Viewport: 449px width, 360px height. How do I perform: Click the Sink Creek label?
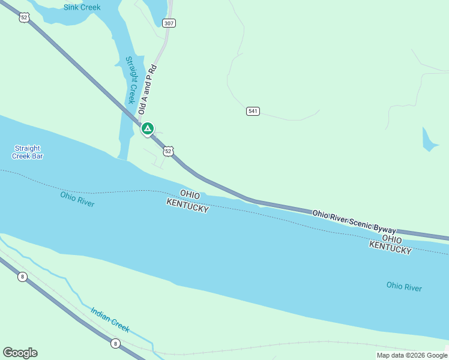82,8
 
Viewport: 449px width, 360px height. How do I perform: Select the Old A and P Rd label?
147,89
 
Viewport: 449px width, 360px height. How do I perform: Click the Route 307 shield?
169,23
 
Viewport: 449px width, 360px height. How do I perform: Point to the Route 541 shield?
253,111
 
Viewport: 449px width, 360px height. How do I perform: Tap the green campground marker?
147,128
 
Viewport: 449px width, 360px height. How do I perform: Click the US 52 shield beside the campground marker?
169,151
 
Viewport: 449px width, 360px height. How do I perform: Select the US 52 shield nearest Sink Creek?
23,17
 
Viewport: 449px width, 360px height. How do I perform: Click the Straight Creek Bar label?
27,152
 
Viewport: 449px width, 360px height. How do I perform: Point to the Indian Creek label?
110,320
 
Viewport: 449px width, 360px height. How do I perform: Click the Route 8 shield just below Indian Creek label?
115,343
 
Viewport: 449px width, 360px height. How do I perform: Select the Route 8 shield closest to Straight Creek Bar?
22,277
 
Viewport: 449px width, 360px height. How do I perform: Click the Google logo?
20,353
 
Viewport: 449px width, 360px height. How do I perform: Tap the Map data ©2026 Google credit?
412,355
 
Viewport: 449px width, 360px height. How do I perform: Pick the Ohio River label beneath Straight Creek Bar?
77,199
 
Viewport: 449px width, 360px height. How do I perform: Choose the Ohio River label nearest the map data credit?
403,287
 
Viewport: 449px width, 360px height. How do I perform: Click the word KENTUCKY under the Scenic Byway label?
390,247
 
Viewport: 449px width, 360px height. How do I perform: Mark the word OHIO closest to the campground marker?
190,194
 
